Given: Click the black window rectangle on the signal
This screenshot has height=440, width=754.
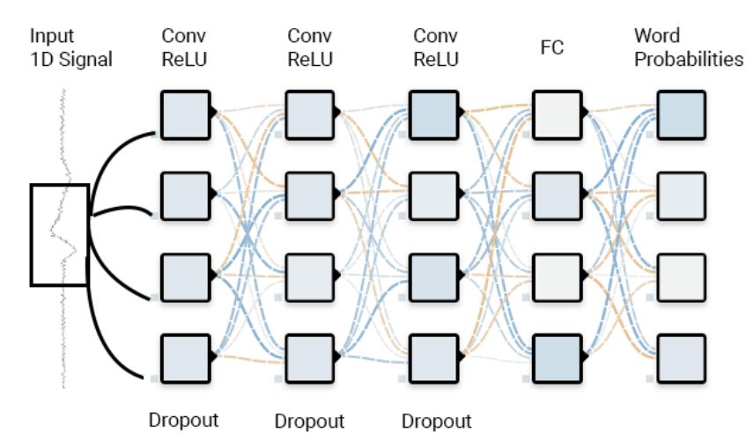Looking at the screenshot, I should (60, 235).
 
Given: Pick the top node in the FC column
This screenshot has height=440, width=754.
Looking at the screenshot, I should (556, 115).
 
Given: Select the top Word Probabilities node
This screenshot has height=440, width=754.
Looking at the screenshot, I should (681, 115).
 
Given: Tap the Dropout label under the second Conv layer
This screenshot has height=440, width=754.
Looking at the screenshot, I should (310, 418).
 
